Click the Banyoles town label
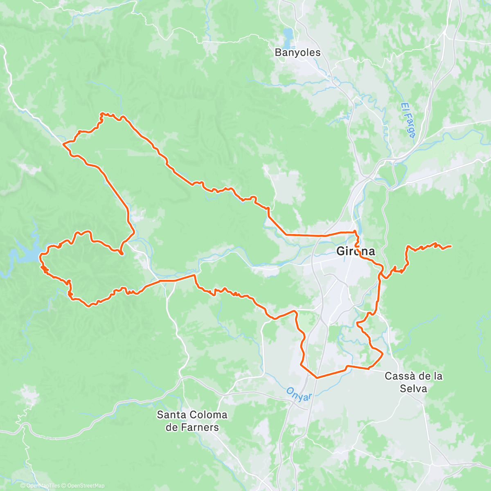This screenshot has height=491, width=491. click(297, 53)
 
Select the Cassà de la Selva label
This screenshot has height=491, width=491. click(413, 382)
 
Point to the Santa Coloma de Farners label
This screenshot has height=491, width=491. click(192, 421)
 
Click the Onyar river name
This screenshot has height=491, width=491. click(299, 394)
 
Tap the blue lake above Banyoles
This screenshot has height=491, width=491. click(288, 33)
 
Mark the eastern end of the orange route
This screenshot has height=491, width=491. click(450, 246)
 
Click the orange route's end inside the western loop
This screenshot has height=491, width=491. click(122, 254)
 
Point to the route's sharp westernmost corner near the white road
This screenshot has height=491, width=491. click(63, 144)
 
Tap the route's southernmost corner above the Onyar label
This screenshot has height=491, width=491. click(317, 377)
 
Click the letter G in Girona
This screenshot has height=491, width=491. click(340, 251)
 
